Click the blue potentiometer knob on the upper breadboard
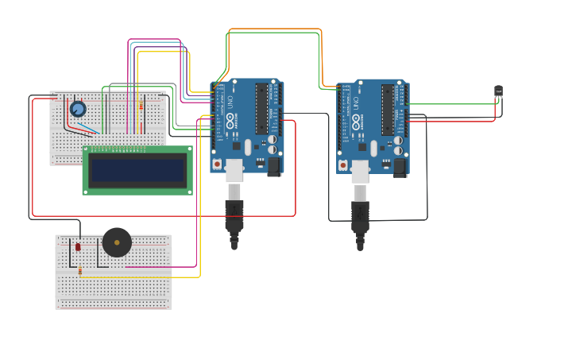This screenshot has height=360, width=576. [78, 109]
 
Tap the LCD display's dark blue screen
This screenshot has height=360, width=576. [137, 170]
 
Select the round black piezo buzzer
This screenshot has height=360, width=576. [117, 242]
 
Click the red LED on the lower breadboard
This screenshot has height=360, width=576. [78, 247]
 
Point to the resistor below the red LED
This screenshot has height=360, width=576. [79, 272]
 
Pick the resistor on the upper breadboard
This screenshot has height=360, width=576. [141, 106]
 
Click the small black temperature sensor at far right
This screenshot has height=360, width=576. [498, 92]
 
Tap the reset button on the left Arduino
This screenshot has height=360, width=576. [217, 164]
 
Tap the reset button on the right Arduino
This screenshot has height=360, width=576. [343, 165]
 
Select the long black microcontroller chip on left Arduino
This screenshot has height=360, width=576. [261, 108]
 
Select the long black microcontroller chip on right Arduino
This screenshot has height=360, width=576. [388, 110]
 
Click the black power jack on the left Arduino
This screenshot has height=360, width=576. [274, 166]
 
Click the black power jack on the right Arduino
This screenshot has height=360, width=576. [400, 167]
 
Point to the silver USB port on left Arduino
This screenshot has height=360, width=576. [234, 170]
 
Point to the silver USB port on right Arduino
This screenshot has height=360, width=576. [360, 172]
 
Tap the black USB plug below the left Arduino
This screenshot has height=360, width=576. [234, 215]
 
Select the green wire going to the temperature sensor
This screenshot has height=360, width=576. [453, 104]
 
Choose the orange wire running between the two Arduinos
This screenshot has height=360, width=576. [274, 29]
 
